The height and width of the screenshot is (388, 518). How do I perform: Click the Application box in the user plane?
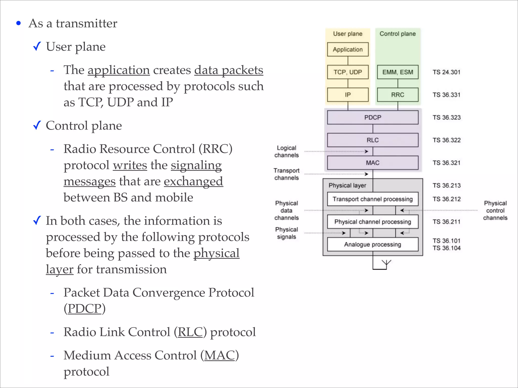[348, 50]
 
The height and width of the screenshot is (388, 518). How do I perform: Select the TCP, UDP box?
[348, 72]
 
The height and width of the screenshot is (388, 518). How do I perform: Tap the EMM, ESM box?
[397, 72]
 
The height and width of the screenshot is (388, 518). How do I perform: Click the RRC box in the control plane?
[397, 95]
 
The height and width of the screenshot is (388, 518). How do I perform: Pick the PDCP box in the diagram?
[373, 117]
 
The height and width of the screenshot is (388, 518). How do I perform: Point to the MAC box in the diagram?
[373, 163]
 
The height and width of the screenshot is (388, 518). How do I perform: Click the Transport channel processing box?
[373, 199]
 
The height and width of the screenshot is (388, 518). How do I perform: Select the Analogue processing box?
[373, 244]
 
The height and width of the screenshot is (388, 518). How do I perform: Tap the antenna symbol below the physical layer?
[386, 264]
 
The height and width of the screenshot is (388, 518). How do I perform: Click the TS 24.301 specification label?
[446, 72]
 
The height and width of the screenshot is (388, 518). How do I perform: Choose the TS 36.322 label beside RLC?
[446, 140]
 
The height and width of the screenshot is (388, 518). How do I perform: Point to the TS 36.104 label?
[446, 248]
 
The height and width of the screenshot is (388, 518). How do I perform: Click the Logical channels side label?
[286, 152]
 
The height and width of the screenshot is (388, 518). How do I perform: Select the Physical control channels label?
[495, 210]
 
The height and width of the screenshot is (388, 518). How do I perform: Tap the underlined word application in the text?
[119, 70]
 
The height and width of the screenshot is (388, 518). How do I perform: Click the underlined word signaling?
[196, 165]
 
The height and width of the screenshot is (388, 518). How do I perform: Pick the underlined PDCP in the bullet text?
[84, 308]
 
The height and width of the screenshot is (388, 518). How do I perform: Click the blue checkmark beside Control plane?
[37, 125]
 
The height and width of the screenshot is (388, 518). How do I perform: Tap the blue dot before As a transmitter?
[18, 23]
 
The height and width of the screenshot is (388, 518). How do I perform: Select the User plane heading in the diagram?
[348, 34]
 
